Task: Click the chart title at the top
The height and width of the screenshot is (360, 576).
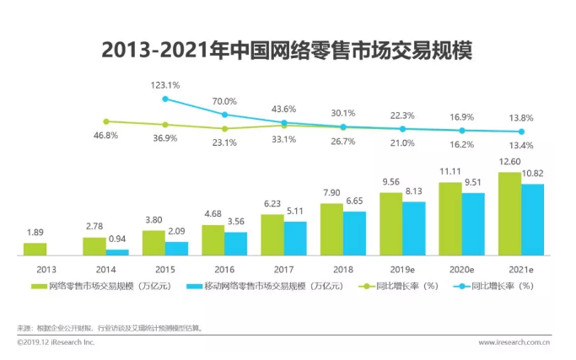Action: coord(287,48)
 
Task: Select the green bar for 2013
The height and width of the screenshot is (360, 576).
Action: coord(35,249)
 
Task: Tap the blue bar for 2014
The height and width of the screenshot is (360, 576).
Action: coord(117,251)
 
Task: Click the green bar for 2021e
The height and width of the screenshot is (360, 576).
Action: coord(509,213)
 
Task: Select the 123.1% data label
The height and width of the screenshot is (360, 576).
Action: coord(165,85)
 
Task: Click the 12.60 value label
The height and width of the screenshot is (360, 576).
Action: coord(509,163)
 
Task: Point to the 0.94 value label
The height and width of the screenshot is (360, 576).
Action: coord(117,240)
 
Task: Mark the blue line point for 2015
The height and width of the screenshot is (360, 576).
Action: coord(165,99)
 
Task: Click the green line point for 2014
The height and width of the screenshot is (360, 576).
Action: coord(105,121)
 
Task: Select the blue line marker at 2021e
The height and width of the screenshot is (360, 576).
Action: coord(522,132)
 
